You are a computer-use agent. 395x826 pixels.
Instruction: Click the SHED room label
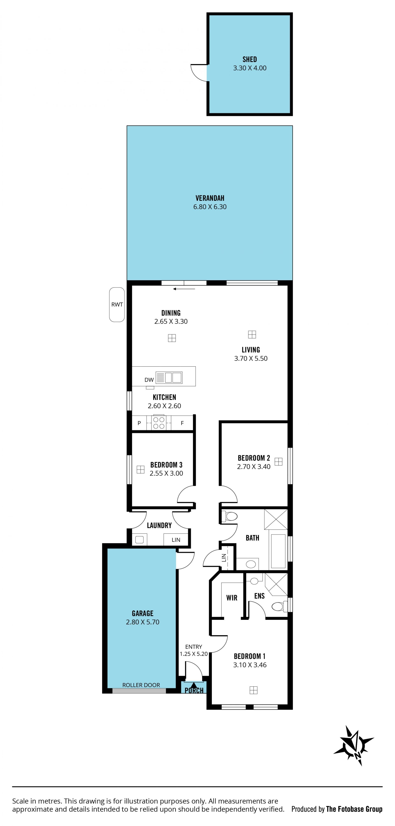(250, 59)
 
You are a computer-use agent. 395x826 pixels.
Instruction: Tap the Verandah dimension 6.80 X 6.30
(210, 207)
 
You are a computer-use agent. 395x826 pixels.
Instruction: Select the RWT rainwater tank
(117, 305)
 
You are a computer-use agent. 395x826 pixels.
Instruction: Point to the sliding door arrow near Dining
(184, 289)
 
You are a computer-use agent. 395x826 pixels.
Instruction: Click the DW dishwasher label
(149, 380)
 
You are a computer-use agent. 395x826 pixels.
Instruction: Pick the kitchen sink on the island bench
(169, 377)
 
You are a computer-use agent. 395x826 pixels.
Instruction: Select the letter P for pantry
(139, 423)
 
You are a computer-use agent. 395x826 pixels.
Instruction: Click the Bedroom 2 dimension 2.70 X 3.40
(254, 467)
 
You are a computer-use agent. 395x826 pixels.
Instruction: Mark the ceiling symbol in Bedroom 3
(140, 470)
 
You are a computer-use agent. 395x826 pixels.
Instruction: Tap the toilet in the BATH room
(229, 516)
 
